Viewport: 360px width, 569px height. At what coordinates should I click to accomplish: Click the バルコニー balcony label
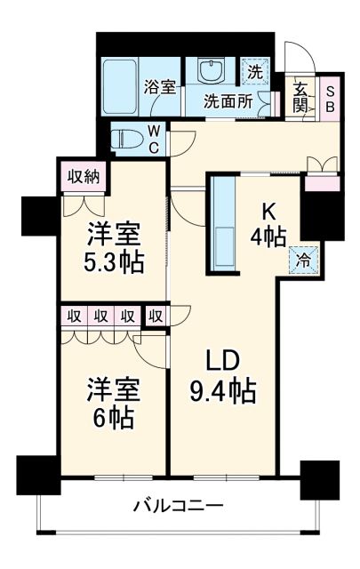tap(178, 507)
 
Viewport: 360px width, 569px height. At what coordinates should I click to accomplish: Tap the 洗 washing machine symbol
tap(255, 73)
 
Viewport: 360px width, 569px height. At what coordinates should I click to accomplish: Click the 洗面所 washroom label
tap(227, 100)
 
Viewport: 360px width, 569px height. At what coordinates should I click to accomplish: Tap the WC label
tap(153, 139)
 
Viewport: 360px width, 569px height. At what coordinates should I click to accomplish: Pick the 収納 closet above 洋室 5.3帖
tap(84, 176)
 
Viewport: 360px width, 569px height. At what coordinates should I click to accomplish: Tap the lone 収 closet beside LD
tap(156, 316)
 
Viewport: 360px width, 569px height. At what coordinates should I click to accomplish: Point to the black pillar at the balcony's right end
tap(319, 478)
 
